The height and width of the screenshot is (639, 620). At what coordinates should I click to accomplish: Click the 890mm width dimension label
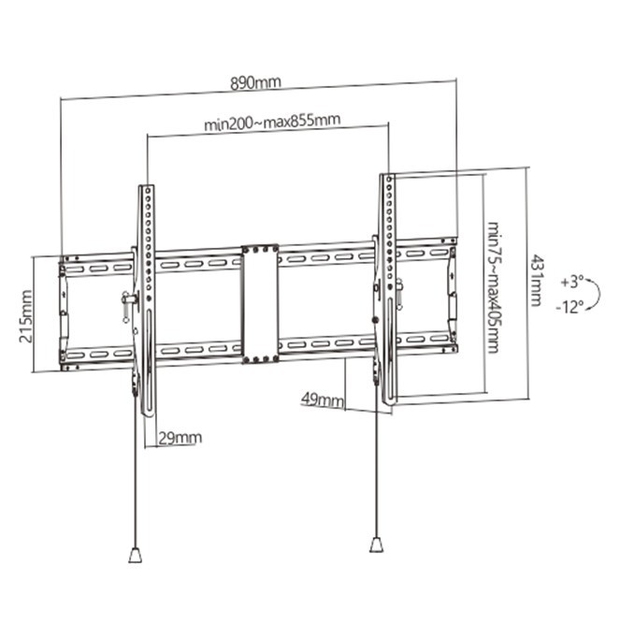[x=255, y=83]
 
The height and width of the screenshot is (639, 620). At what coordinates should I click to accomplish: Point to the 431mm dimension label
[x=536, y=280]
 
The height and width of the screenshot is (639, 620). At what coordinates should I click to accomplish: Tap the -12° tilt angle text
[x=570, y=305]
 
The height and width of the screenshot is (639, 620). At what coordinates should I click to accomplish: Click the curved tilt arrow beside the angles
[x=596, y=293]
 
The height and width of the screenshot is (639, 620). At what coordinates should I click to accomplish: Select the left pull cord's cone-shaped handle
[x=135, y=554]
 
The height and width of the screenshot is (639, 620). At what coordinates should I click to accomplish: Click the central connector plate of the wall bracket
[x=259, y=303]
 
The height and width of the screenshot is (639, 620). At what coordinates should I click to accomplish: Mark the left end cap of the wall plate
[x=64, y=312]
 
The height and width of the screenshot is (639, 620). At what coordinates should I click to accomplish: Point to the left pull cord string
[x=137, y=487]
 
